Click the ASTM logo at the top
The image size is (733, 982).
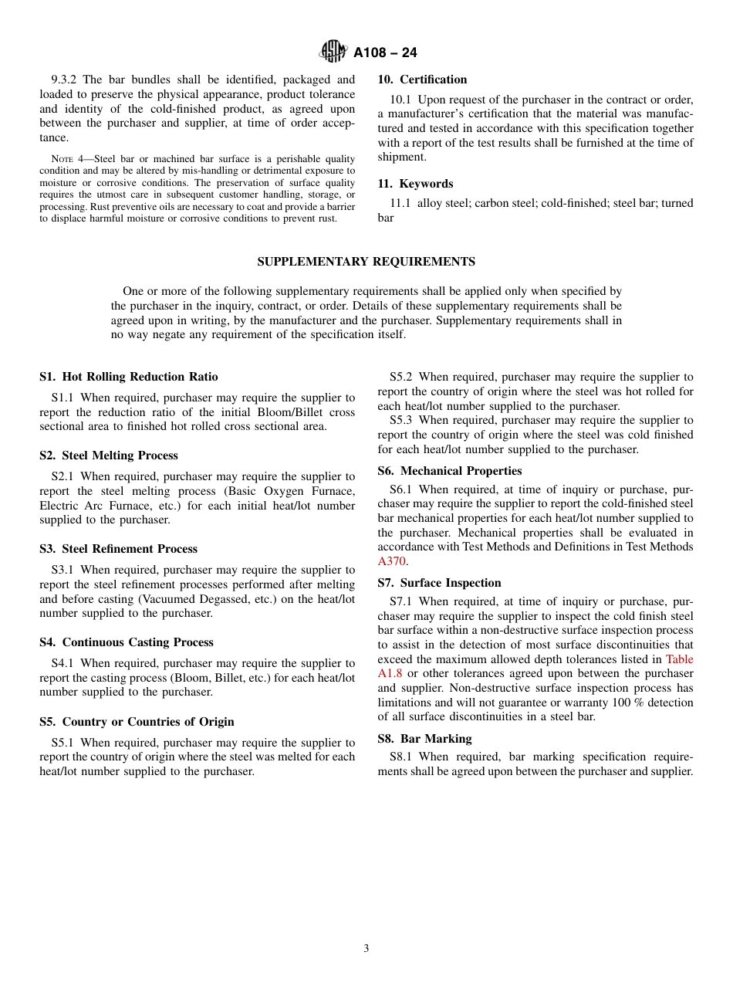point(333,52)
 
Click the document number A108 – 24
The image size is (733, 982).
point(385,52)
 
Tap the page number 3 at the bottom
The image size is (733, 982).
point(366,949)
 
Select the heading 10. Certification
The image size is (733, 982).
point(422,80)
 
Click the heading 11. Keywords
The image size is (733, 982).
point(415,184)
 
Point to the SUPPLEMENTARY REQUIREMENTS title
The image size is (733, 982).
point(366,262)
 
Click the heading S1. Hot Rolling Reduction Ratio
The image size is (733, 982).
point(128,377)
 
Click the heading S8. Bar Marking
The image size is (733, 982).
point(424,739)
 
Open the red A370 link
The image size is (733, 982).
point(391,562)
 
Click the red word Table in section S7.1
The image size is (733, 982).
point(679,659)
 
